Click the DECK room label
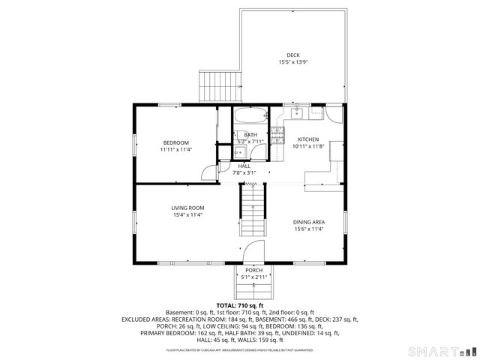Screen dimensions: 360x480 [293, 55]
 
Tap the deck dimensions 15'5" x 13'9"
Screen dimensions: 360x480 [293, 62]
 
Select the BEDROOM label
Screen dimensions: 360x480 [176, 142]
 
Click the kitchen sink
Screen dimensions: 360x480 [296, 114]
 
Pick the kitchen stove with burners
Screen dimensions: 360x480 [277, 135]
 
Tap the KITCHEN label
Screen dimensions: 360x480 [309, 140]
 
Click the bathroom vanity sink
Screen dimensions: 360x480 [241, 152]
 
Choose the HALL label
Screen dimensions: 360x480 [244, 166]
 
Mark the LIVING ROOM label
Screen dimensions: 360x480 [187, 208]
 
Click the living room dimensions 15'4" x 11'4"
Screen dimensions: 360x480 [187, 215]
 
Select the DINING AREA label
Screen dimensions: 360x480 [308, 222]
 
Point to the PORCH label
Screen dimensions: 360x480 [253, 271]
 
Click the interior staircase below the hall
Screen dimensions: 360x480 [253, 210]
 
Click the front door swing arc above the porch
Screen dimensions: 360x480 [253, 252]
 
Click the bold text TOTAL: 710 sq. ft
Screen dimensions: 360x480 [239, 305]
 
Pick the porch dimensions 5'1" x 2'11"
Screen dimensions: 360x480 [253, 278]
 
